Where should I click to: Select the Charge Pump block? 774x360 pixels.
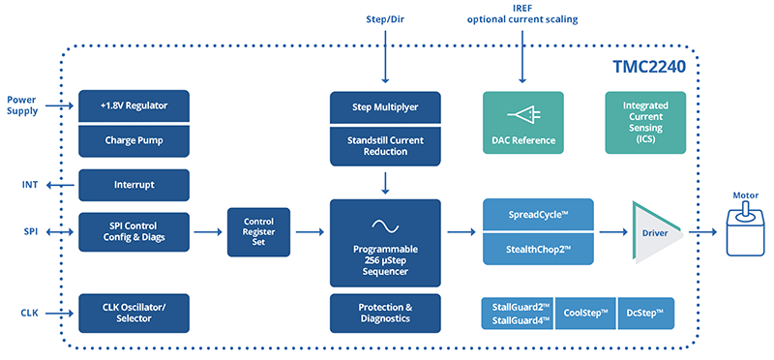133,139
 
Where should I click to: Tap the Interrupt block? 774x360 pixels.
133,184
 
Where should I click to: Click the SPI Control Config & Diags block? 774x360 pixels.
133,232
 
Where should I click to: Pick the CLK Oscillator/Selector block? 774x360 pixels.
133,313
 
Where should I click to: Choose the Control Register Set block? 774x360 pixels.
258,232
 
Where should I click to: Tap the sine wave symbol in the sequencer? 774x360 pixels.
385,226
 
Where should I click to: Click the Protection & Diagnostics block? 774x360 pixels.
385,313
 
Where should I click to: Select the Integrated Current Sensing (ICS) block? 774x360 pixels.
645,123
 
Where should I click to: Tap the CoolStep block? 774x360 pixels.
584,314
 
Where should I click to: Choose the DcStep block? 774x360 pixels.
644,314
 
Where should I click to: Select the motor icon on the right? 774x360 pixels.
745,232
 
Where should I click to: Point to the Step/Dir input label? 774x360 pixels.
384,17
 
